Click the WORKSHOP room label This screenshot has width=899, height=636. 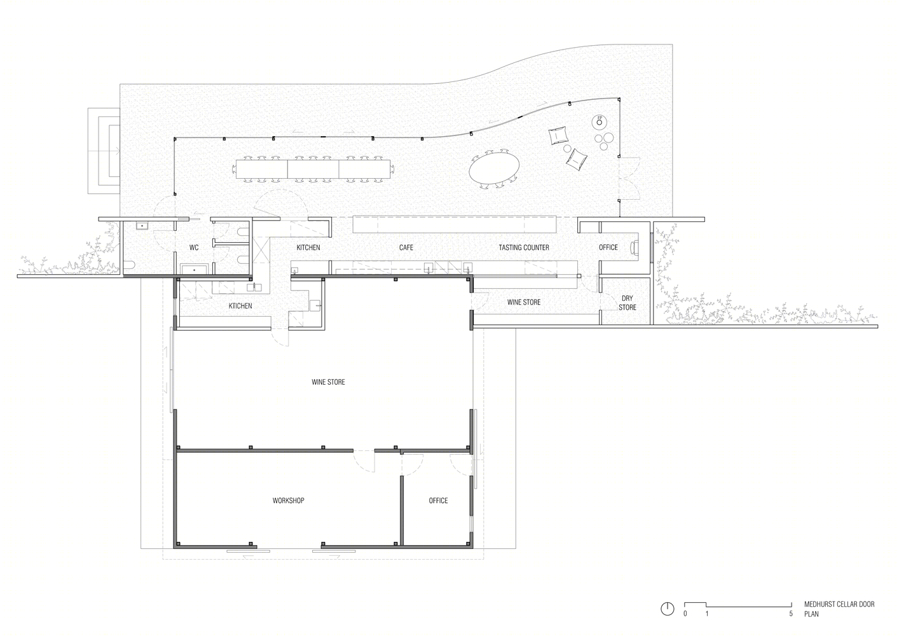pyautogui.click(x=288, y=501)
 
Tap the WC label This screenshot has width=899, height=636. pyautogui.click(x=194, y=248)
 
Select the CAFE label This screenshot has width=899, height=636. pyautogui.click(x=406, y=248)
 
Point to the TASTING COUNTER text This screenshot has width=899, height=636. pyautogui.click(x=524, y=248)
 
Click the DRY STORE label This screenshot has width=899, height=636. pyautogui.click(x=628, y=303)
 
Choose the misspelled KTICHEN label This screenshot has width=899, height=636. pyautogui.click(x=240, y=306)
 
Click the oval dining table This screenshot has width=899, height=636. pyautogui.click(x=494, y=168)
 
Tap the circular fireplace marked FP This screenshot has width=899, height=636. pyautogui.click(x=600, y=121)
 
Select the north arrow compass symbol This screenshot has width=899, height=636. pyautogui.click(x=667, y=609)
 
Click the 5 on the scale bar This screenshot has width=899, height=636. pyautogui.click(x=791, y=614)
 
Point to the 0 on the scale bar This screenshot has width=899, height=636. pyautogui.click(x=685, y=614)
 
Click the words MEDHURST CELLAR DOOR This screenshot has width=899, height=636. pyautogui.click(x=839, y=604)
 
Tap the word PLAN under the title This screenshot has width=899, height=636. pyautogui.click(x=811, y=614)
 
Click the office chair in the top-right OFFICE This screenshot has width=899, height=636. pyautogui.click(x=635, y=247)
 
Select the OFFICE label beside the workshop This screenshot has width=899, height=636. pyautogui.click(x=438, y=501)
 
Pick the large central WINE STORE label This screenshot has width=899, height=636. pyautogui.click(x=328, y=382)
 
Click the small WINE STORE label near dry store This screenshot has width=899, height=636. pyautogui.click(x=524, y=302)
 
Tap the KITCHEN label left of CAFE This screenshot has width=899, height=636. pyautogui.click(x=308, y=248)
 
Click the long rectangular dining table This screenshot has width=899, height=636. pyautogui.click(x=313, y=169)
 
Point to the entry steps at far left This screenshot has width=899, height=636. pyautogui.click(x=104, y=151)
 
